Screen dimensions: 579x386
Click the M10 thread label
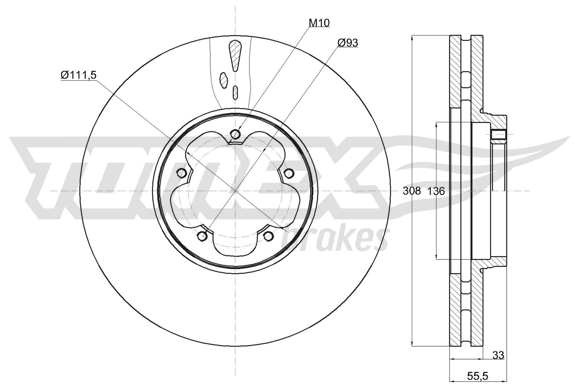319,23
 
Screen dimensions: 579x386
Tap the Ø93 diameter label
348,43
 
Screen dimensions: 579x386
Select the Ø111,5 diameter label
78,75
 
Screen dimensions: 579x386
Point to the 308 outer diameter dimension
412,191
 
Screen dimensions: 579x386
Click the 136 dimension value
436,191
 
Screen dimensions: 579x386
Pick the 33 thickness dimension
498,356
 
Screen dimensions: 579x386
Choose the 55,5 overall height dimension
477,376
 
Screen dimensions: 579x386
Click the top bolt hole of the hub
235,134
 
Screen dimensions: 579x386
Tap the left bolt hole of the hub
182,173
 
